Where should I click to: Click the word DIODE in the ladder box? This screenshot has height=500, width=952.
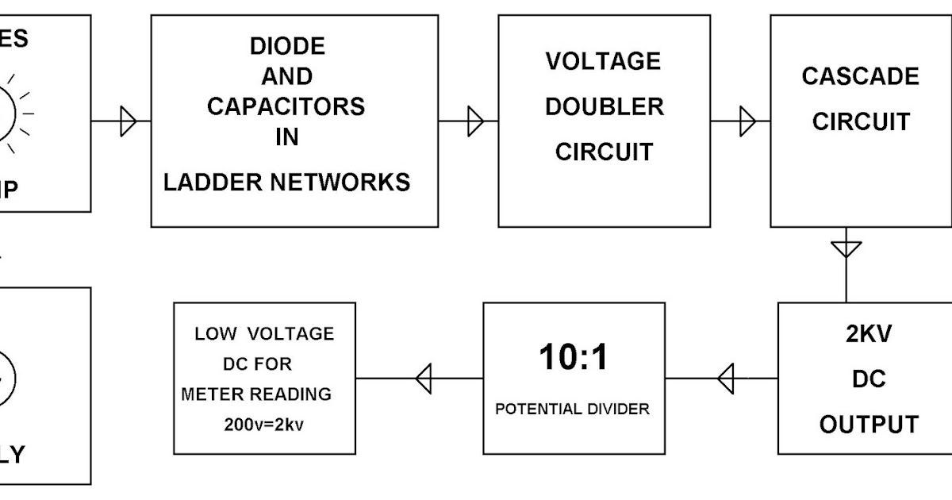pos(287,47)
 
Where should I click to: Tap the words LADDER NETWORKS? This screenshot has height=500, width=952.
pos(287,183)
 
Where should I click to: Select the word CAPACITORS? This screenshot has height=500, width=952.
pos(286,106)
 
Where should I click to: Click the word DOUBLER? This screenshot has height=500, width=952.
pos(605,107)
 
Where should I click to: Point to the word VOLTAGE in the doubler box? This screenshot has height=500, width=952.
pos(603,62)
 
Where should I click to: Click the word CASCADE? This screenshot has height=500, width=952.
pos(860,76)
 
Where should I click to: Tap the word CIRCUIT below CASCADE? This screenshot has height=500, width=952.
pos(861,122)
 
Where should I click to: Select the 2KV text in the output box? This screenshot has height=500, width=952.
pos(868,335)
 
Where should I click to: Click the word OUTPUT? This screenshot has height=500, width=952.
pos(869,425)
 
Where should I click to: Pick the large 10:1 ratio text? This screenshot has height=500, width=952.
pos(574,358)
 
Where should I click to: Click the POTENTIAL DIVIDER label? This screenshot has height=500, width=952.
pos(573,410)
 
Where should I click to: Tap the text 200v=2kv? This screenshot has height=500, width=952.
pos(264,425)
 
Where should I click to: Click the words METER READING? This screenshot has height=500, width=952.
pos(256,394)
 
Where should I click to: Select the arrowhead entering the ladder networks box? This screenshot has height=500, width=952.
pos(129,122)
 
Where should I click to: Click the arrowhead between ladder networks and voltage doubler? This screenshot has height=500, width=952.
pos(475,122)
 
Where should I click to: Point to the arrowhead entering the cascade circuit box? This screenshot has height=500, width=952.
pos(747,122)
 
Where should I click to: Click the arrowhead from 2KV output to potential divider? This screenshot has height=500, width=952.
pos(726,379)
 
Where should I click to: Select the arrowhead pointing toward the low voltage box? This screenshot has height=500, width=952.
pos(424,379)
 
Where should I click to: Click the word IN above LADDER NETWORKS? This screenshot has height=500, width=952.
pos(287,137)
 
